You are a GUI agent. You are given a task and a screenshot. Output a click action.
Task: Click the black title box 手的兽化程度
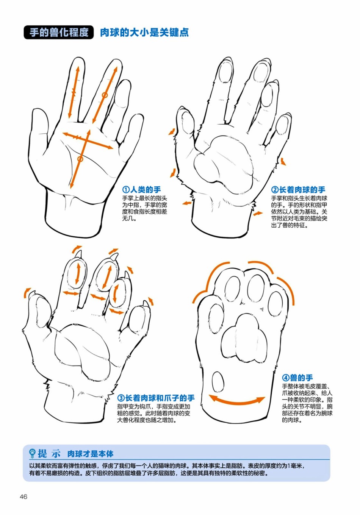59,32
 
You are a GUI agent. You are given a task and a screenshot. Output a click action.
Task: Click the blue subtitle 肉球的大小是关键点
144,33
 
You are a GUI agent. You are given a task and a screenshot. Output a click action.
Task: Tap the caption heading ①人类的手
141,190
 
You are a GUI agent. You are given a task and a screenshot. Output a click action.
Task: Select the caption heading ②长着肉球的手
298,190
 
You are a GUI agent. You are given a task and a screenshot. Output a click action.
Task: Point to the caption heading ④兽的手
297,378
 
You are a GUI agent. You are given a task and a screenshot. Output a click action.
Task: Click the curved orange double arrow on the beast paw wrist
237,401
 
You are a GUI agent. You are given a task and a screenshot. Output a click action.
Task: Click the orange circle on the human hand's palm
80,159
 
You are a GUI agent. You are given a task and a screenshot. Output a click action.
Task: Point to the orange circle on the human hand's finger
105,95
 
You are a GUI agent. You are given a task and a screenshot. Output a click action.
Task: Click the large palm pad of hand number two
224,164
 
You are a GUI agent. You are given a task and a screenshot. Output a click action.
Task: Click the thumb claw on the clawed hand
31,294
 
